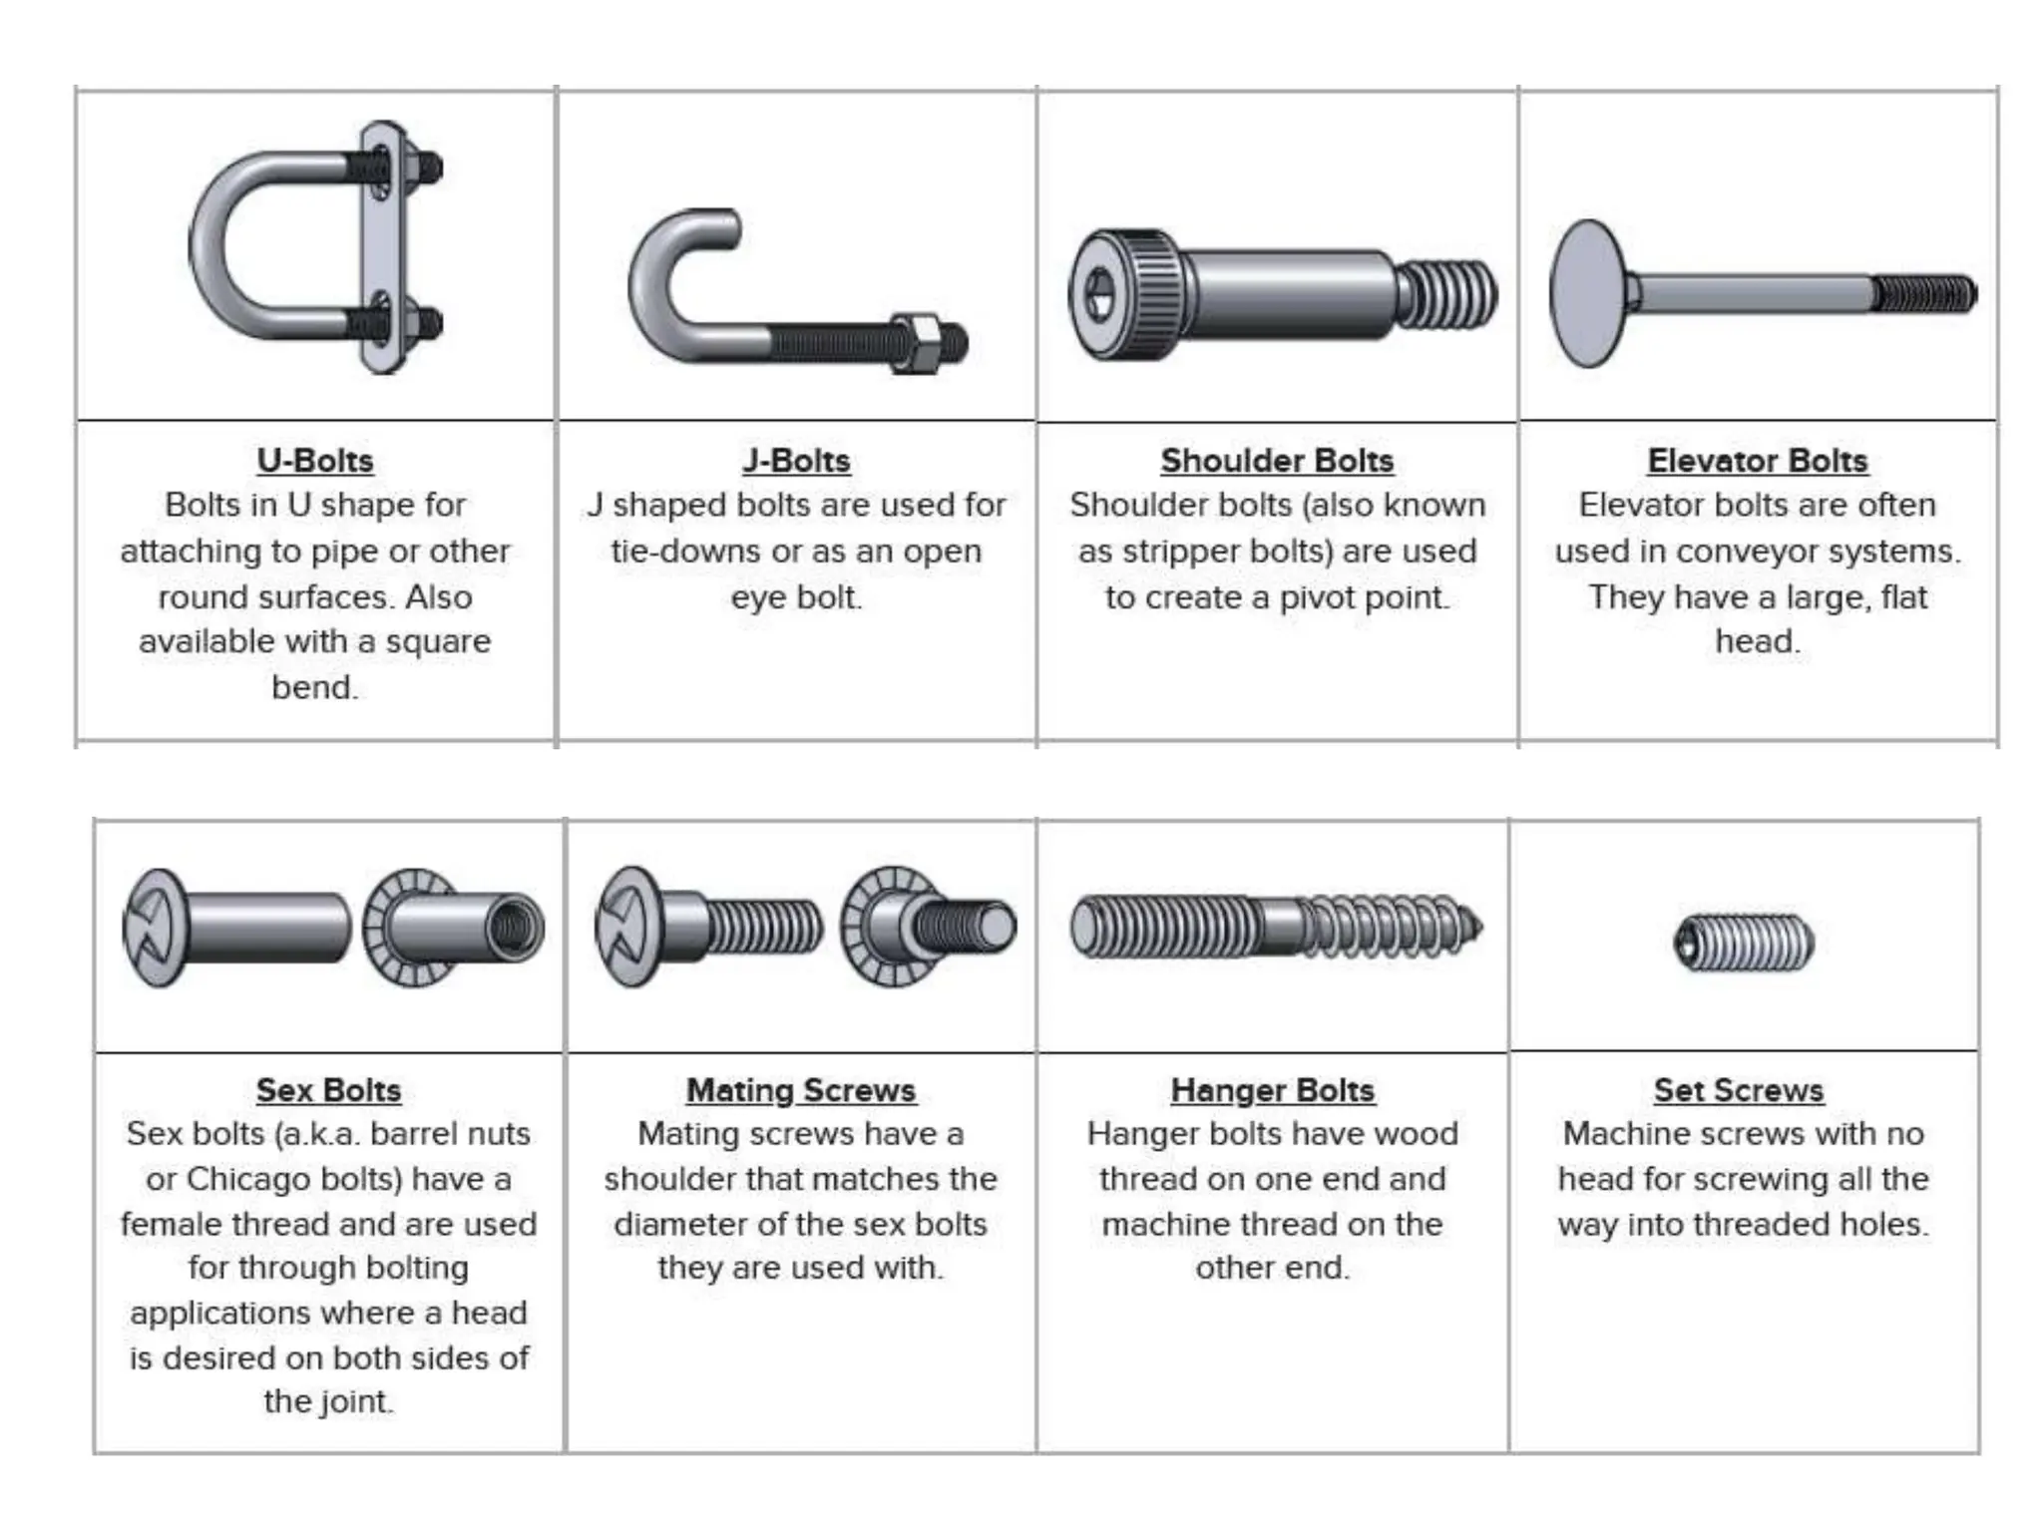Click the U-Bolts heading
pyautogui.click(x=315, y=461)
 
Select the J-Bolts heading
pyautogui.click(x=796, y=461)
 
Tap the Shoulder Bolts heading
pyautogui.click(x=1277, y=461)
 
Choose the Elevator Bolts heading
pyautogui.click(x=1757, y=461)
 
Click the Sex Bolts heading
pyautogui.click(x=328, y=1090)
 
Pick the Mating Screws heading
pyautogui.click(x=801, y=1090)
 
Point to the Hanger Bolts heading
pyautogui.click(x=1273, y=1090)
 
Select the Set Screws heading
pyautogui.click(x=1739, y=1090)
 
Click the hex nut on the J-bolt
pyautogui.click(x=915, y=343)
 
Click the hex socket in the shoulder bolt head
pyautogui.click(x=1100, y=294)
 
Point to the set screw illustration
pyautogui.click(x=1744, y=943)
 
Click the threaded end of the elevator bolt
pyautogui.click(x=1923, y=294)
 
